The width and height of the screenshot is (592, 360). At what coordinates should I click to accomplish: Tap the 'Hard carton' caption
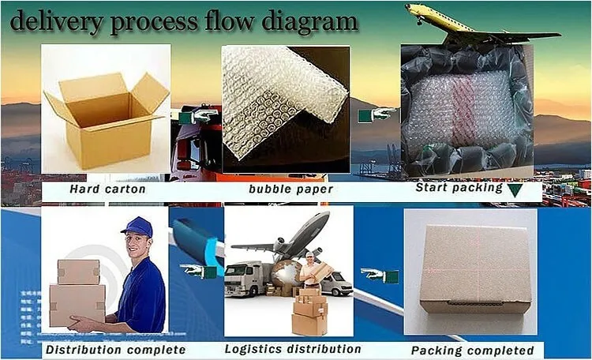107,189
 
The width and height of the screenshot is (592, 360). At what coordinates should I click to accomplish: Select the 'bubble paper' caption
290,189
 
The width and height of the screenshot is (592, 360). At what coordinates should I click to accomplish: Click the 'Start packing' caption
459,188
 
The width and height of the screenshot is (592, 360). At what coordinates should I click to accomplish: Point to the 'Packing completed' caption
473,350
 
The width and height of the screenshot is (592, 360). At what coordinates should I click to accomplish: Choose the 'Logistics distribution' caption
293,348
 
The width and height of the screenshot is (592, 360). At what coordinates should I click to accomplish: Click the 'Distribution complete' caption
115,349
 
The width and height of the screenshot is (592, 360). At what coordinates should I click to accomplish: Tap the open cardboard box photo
106,111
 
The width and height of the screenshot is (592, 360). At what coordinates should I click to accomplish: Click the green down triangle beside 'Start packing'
515,189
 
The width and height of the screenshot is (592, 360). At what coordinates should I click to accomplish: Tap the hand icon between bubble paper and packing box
376,115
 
